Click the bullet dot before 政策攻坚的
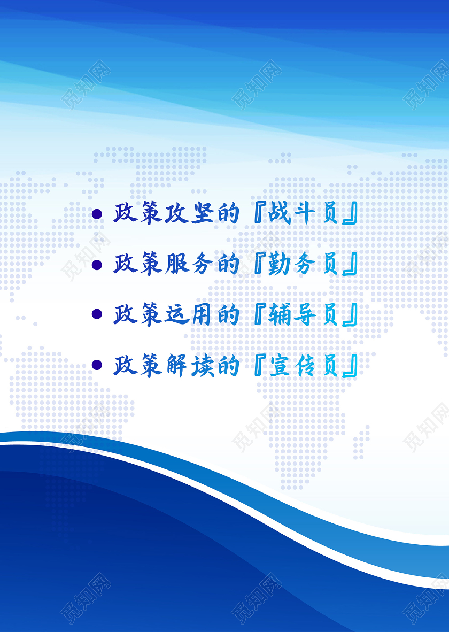click(x=97, y=214)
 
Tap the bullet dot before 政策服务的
click(x=97, y=265)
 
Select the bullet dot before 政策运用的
click(x=97, y=314)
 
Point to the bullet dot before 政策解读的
click(x=97, y=365)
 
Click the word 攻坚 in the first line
click(x=189, y=213)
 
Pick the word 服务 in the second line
click(x=189, y=265)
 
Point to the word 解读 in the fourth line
click(x=189, y=365)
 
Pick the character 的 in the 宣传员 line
click(x=229, y=365)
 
